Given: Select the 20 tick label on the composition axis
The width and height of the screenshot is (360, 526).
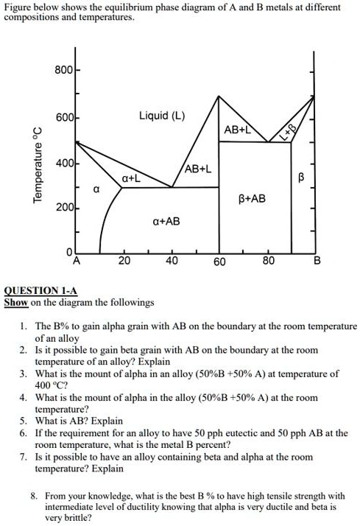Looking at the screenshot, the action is [x=124, y=261].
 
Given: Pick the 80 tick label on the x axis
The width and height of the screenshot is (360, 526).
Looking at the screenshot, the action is [x=268, y=261].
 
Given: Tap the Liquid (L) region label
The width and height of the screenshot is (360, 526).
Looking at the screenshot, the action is [x=162, y=116].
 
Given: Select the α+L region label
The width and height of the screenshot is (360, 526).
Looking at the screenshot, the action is [x=131, y=178].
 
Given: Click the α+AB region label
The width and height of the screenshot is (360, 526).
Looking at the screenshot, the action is [x=166, y=220].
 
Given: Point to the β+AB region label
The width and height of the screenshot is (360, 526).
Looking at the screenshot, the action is [x=253, y=199].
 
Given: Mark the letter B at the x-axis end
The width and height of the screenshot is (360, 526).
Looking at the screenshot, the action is [x=317, y=262].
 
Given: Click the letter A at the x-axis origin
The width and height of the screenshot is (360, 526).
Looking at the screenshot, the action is [x=77, y=261].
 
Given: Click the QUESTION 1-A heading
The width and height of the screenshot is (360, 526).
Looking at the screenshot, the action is [x=40, y=291].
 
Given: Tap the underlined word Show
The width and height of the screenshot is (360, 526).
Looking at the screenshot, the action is [x=16, y=302].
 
